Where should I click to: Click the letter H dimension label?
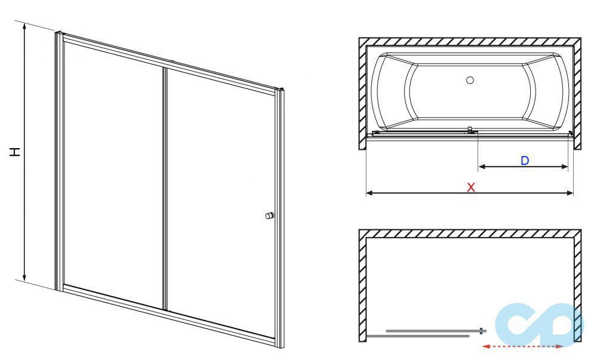pyautogui.click(x=14, y=152)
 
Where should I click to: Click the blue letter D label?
pyautogui.click(x=525, y=160)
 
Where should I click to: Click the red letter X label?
pyautogui.click(x=471, y=187)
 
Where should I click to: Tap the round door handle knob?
pyautogui.click(x=270, y=216)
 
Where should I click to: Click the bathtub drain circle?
pyautogui.click(x=470, y=80)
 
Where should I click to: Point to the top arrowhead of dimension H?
pyautogui.click(x=24, y=26)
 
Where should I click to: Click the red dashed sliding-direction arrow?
pyautogui.click(x=522, y=346)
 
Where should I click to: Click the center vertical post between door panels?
pyautogui.click(x=165, y=189)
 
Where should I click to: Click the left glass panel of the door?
pyautogui.click(x=113, y=173)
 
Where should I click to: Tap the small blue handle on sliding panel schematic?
pyautogui.click(x=481, y=331)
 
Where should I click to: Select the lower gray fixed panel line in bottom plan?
pyautogui.click(x=418, y=336)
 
